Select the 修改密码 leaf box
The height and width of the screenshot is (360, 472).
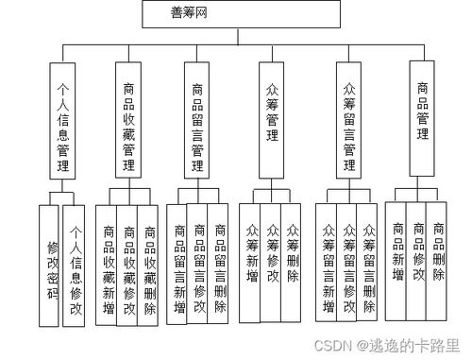pyautogui.click(x=52, y=267)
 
